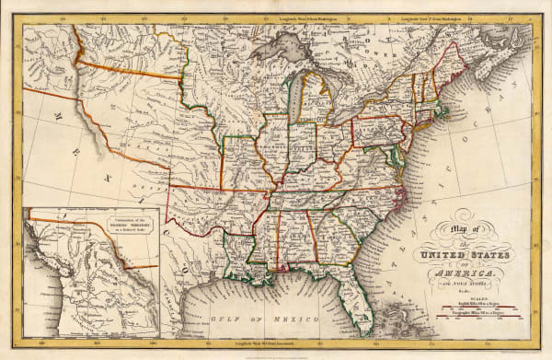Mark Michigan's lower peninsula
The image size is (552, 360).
(317, 101)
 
